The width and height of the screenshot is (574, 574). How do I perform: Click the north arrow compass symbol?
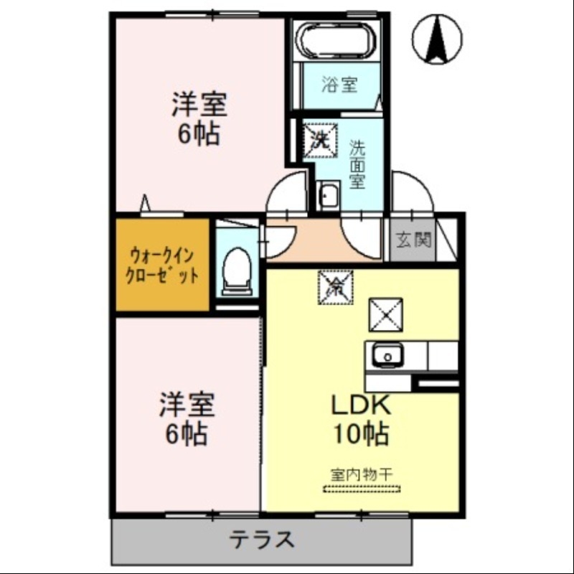tap(437, 39)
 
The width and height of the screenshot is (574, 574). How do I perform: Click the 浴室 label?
tap(339, 85)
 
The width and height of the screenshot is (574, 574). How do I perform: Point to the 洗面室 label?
tap(357, 164)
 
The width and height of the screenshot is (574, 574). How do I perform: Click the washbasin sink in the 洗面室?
tap(329, 195)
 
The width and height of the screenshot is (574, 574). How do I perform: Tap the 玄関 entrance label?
tap(413, 240)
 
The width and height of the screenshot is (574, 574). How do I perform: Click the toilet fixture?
tap(235, 273)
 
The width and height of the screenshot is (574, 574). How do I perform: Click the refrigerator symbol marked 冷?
tap(334, 287)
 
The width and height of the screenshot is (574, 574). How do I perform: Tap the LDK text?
tap(360, 405)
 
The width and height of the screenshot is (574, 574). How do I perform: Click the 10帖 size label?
tap(360, 433)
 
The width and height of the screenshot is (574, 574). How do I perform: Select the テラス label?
tap(262, 540)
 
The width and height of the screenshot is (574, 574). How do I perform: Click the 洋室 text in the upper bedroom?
tap(199, 105)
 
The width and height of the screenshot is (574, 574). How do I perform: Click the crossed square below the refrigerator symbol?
tap(385, 314)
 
